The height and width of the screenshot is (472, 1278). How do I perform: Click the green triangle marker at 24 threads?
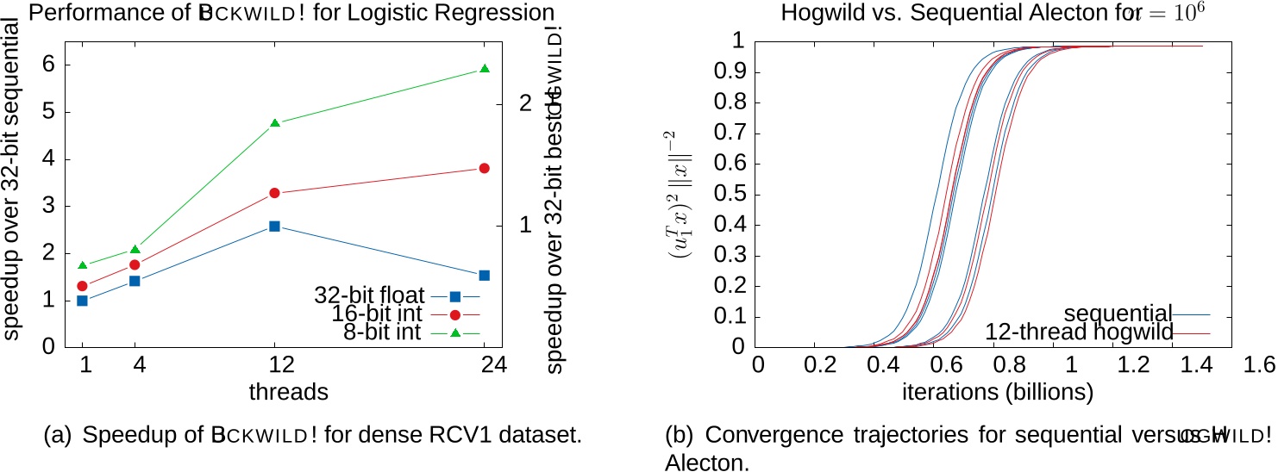coord(484,69)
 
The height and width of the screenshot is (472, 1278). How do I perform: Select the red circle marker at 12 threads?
coord(274,193)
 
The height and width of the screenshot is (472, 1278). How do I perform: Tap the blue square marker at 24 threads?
coord(484,276)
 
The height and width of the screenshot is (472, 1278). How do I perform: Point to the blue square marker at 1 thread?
coord(83,301)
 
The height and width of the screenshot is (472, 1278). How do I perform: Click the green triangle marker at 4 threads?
coord(135,250)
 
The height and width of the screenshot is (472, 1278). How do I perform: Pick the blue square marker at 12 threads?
coord(274,226)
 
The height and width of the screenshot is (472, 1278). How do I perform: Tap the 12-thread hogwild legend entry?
coord(1079,332)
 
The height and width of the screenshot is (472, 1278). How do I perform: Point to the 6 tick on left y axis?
coord(49,65)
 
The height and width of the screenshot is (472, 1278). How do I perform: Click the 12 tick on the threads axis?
coord(274,363)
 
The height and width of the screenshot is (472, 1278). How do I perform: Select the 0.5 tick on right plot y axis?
coord(731,195)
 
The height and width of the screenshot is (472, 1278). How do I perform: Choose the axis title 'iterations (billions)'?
coord(997,392)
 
